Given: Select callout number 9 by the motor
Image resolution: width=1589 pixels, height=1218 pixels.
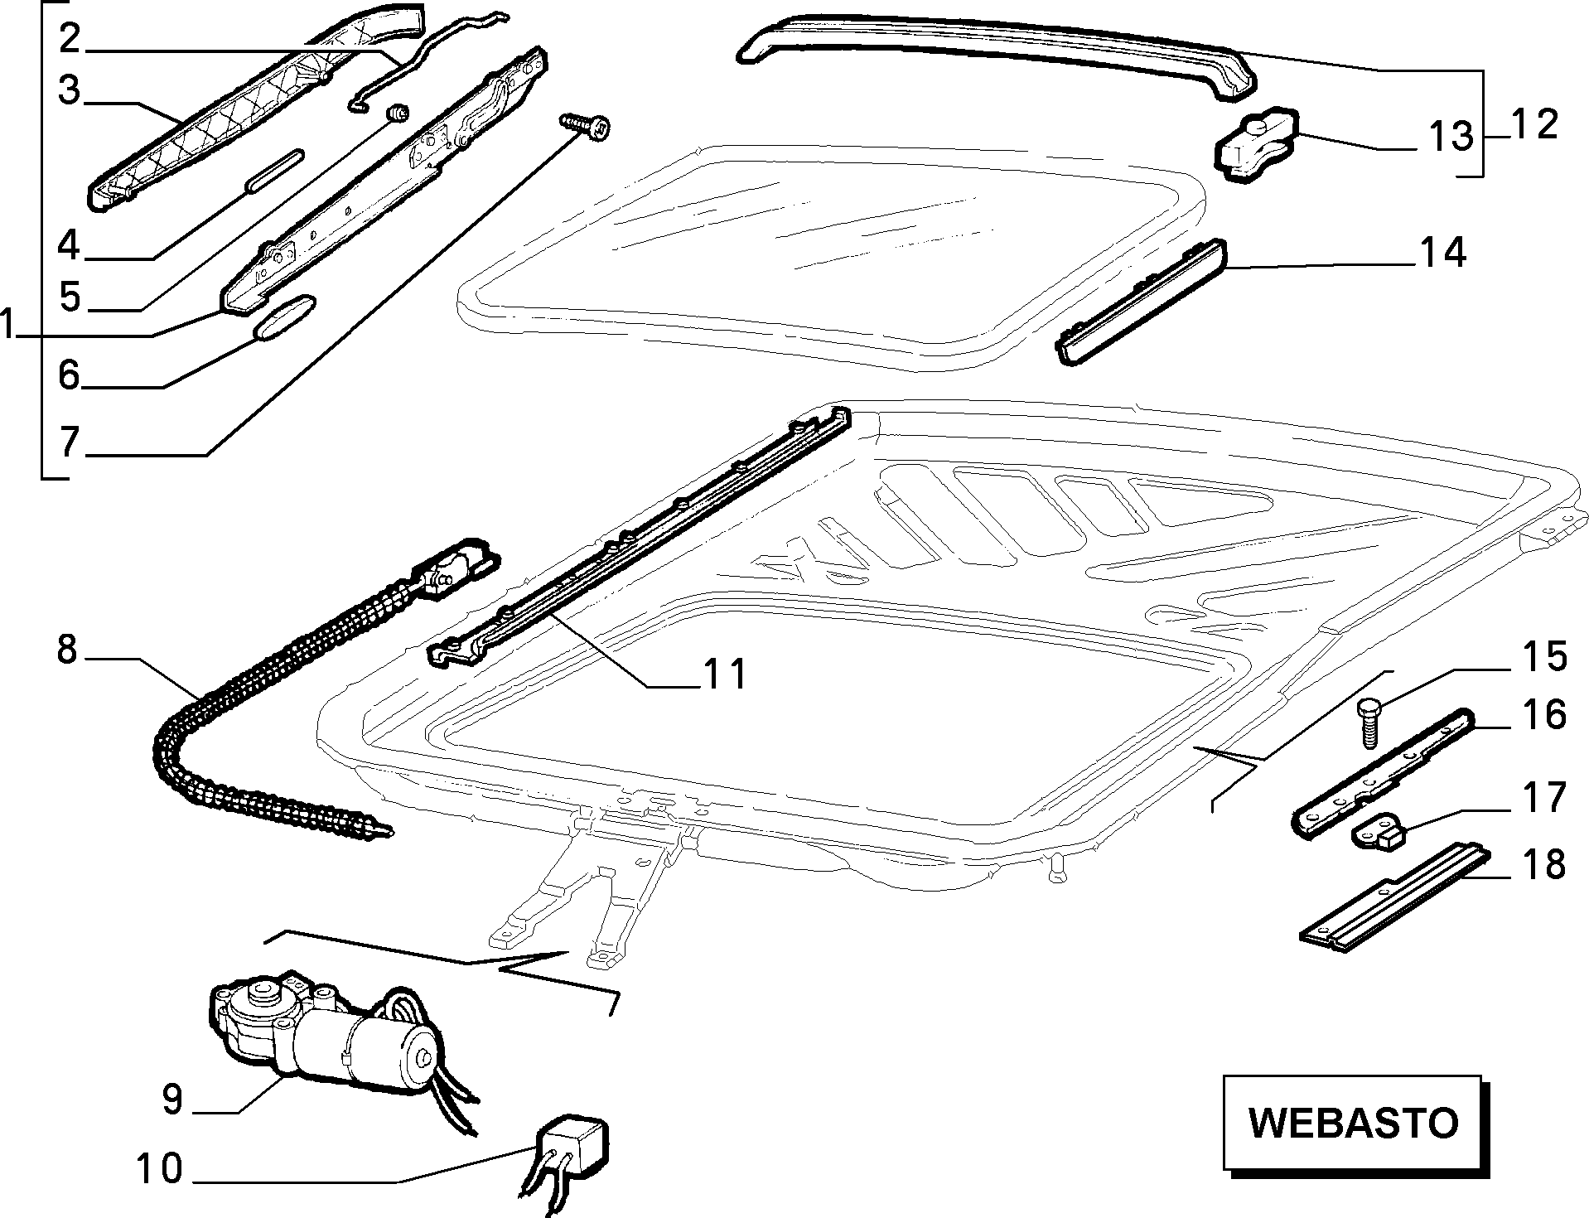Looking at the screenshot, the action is coord(172,1100).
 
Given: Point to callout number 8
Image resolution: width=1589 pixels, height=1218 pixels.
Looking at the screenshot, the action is coord(67,650).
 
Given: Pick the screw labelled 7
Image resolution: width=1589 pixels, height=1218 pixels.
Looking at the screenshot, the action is coord(586,126).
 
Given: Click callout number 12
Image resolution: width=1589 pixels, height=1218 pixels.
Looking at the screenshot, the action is coord(1533,126).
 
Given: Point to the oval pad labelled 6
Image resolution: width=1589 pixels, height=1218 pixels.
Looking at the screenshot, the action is coord(284,317).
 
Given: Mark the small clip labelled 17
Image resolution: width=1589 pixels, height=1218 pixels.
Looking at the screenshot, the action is coord(1379,829).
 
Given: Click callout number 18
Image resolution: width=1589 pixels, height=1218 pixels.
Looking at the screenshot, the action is coord(1542,864).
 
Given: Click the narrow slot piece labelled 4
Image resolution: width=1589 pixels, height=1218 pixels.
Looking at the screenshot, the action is coord(274,171).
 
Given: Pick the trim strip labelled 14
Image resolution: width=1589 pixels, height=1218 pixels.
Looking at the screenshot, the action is coord(1140,300).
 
